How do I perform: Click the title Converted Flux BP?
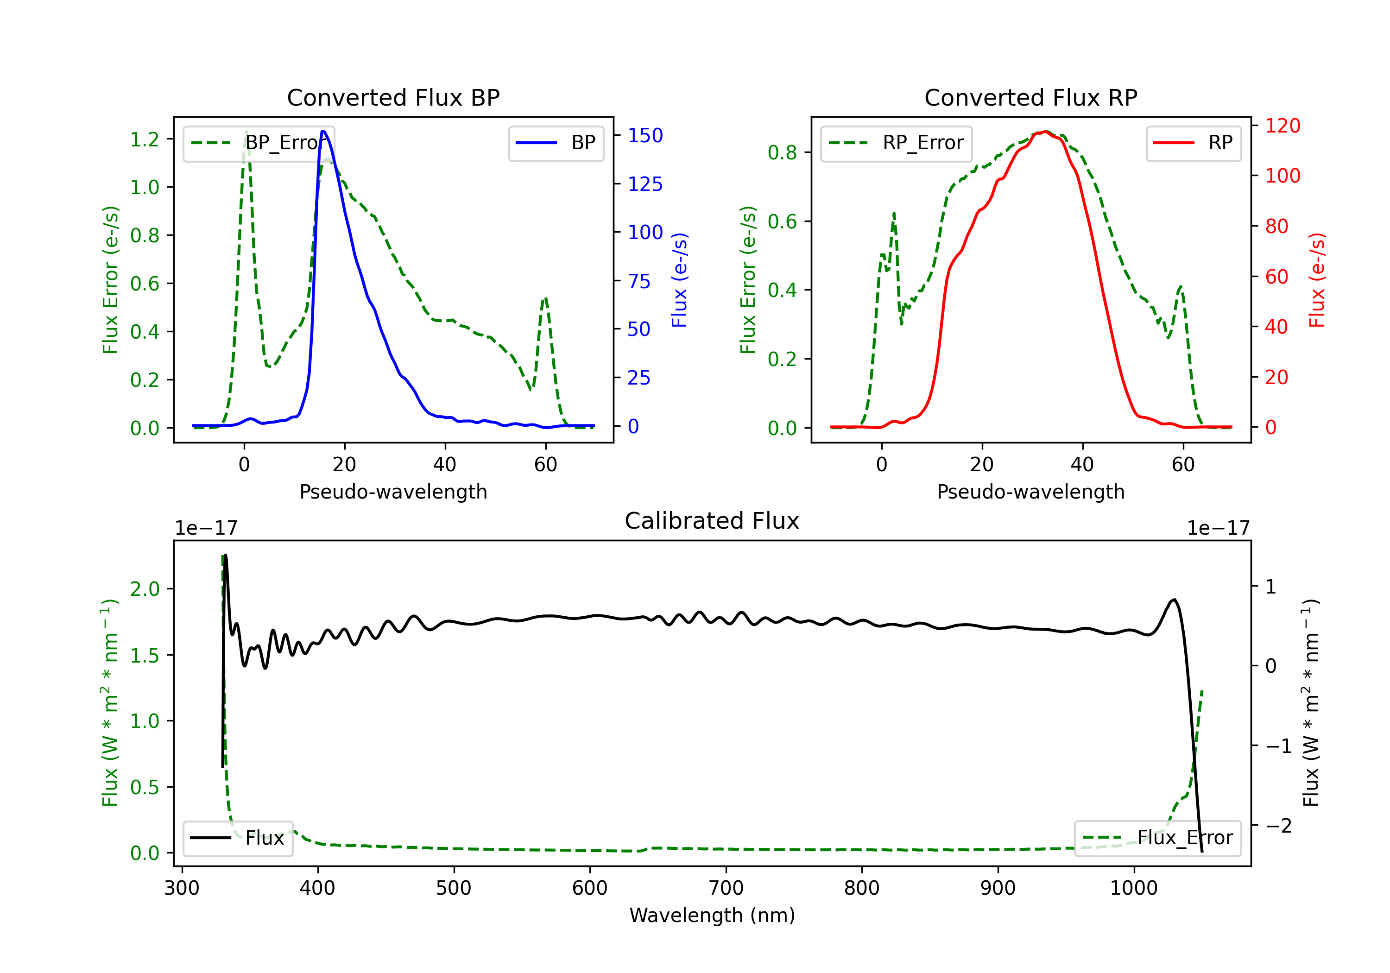click(x=393, y=97)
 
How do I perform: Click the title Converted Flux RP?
click(x=1030, y=97)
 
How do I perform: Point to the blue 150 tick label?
click(x=645, y=136)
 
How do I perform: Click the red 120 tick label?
click(x=1282, y=126)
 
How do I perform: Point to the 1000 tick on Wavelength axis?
click(x=1133, y=888)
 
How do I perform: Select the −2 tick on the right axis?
click(x=1278, y=825)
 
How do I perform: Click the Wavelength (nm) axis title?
click(x=712, y=915)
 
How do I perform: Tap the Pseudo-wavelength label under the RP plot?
click(x=1030, y=492)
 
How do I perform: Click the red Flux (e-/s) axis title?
click(x=1317, y=280)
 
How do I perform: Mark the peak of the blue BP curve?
click(x=323, y=132)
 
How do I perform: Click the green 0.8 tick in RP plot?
click(x=782, y=152)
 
